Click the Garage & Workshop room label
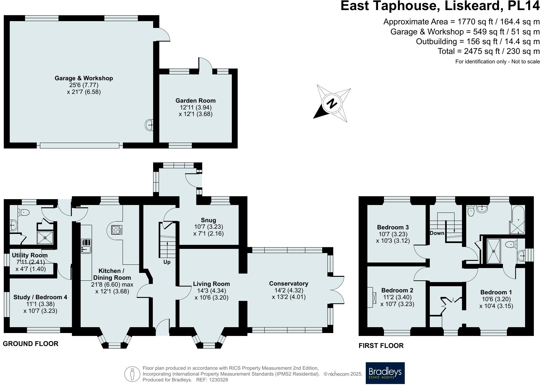coord(84,78)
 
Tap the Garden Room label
coord(195,101)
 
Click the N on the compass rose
coord(332,104)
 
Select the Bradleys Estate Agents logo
coord(385,373)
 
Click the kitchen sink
coord(86,250)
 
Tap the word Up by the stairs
coord(167,262)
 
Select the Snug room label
coord(208,220)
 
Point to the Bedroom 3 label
coord(393,227)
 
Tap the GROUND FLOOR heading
coord(31,344)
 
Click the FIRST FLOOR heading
coord(381,346)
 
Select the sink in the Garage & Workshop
coord(149,124)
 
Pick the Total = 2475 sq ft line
coord(488,51)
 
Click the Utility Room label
coord(30,255)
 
